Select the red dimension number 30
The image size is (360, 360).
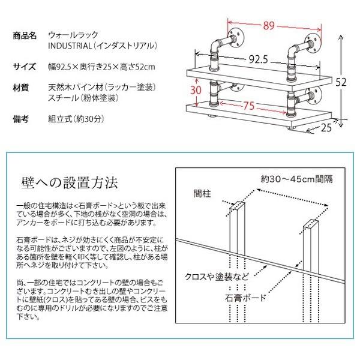[x=196, y=90]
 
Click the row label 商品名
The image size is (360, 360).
[x=25, y=35]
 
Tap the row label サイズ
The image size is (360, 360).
[x=25, y=66]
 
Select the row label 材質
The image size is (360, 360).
[x=21, y=88]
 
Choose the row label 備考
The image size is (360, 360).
[x=21, y=119]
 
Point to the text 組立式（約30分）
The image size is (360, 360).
[x=75, y=119]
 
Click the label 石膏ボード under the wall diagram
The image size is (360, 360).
[x=247, y=296]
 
